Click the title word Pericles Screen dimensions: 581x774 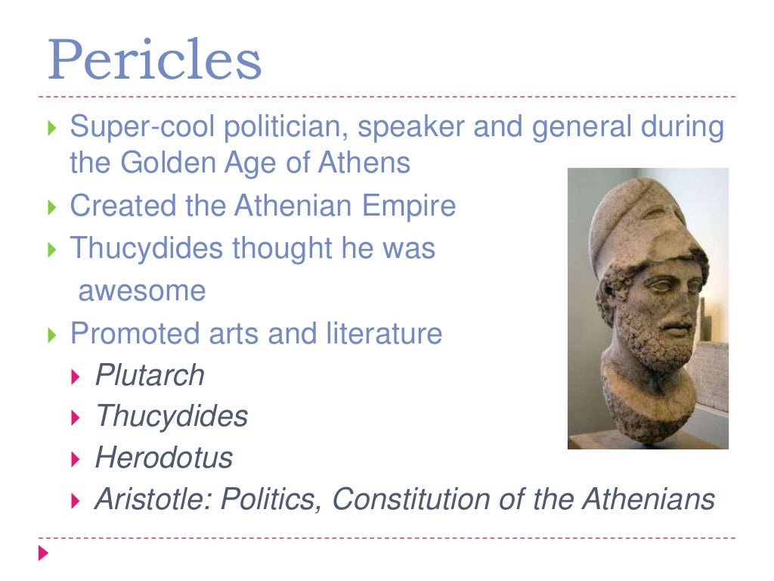(x=154, y=60)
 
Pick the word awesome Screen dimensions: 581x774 (x=141, y=291)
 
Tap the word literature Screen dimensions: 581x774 (x=384, y=334)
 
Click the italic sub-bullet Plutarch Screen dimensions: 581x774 (x=150, y=375)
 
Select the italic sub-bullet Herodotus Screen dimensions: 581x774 (x=163, y=458)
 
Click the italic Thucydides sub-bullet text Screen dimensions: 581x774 (x=172, y=416)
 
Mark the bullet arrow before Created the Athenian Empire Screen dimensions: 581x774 (x=51, y=207)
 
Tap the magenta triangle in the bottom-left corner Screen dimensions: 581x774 (x=44, y=554)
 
